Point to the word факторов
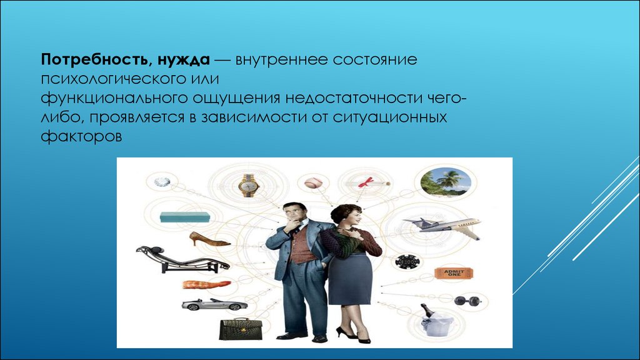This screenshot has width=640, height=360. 81,136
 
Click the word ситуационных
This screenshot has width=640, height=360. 390,117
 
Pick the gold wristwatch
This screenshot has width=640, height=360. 249,186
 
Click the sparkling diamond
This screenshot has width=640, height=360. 162,182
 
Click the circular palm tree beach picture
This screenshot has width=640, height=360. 442,182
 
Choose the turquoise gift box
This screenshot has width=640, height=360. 184,217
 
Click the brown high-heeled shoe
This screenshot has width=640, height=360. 209,239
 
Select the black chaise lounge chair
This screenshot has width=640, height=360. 182,259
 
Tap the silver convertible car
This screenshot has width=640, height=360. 214,304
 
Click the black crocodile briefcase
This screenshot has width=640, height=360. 241,329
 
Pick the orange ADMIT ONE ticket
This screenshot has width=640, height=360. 454,273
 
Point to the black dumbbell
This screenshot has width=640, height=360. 467,301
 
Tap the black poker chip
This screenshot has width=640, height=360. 407,261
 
